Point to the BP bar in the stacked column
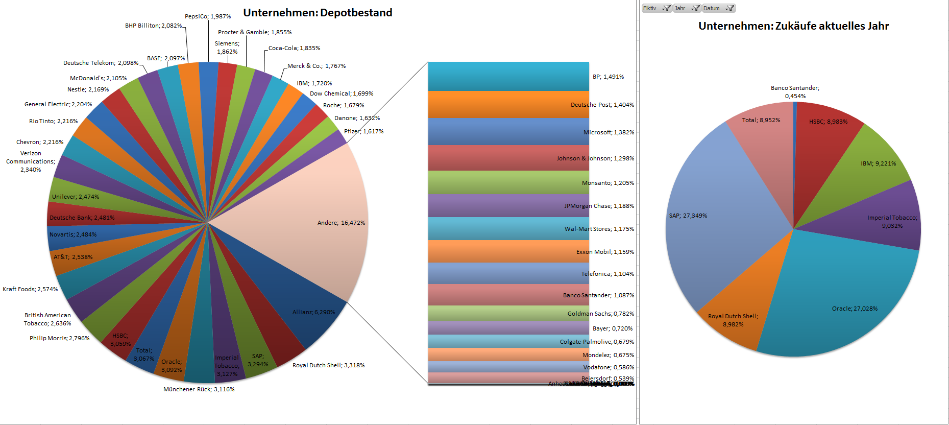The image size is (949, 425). tap(508, 77)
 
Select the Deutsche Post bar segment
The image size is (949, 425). tap(508, 105)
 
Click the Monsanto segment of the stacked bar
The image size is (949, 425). tap(508, 182)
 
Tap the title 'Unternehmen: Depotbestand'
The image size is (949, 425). tap(318, 13)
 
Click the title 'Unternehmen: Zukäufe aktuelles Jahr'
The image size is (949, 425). tap(793, 26)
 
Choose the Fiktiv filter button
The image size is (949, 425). tap(656, 8)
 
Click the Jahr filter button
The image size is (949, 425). tap(687, 8)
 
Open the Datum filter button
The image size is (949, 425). tap(718, 8)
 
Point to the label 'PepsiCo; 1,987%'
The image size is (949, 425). tap(208, 16)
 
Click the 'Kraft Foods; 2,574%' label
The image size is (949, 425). tap(30, 289)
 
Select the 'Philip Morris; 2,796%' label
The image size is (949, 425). tap(59, 338)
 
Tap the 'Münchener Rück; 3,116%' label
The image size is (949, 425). tap(199, 389)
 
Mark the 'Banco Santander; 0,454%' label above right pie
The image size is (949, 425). tap(795, 92)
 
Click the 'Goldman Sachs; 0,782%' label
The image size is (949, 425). tap(600, 314)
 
